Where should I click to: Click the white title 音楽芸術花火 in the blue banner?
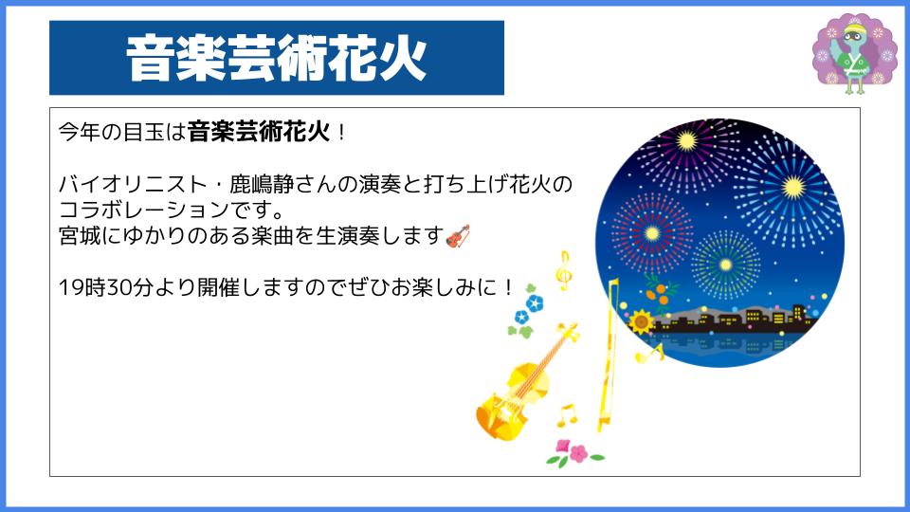click(277, 58)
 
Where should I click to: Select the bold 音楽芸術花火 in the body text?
click(259, 132)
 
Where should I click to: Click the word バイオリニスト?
click(133, 184)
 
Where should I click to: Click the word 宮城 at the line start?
click(80, 236)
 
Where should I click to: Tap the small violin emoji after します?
click(458, 236)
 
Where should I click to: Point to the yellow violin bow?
click(609, 355)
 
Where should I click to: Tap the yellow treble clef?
click(563, 270)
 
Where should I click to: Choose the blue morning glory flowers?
click(527, 311)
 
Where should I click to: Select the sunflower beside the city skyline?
click(642, 321)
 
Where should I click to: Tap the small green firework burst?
click(725, 265)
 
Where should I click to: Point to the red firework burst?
click(652, 233)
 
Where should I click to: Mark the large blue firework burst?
click(792, 187)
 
